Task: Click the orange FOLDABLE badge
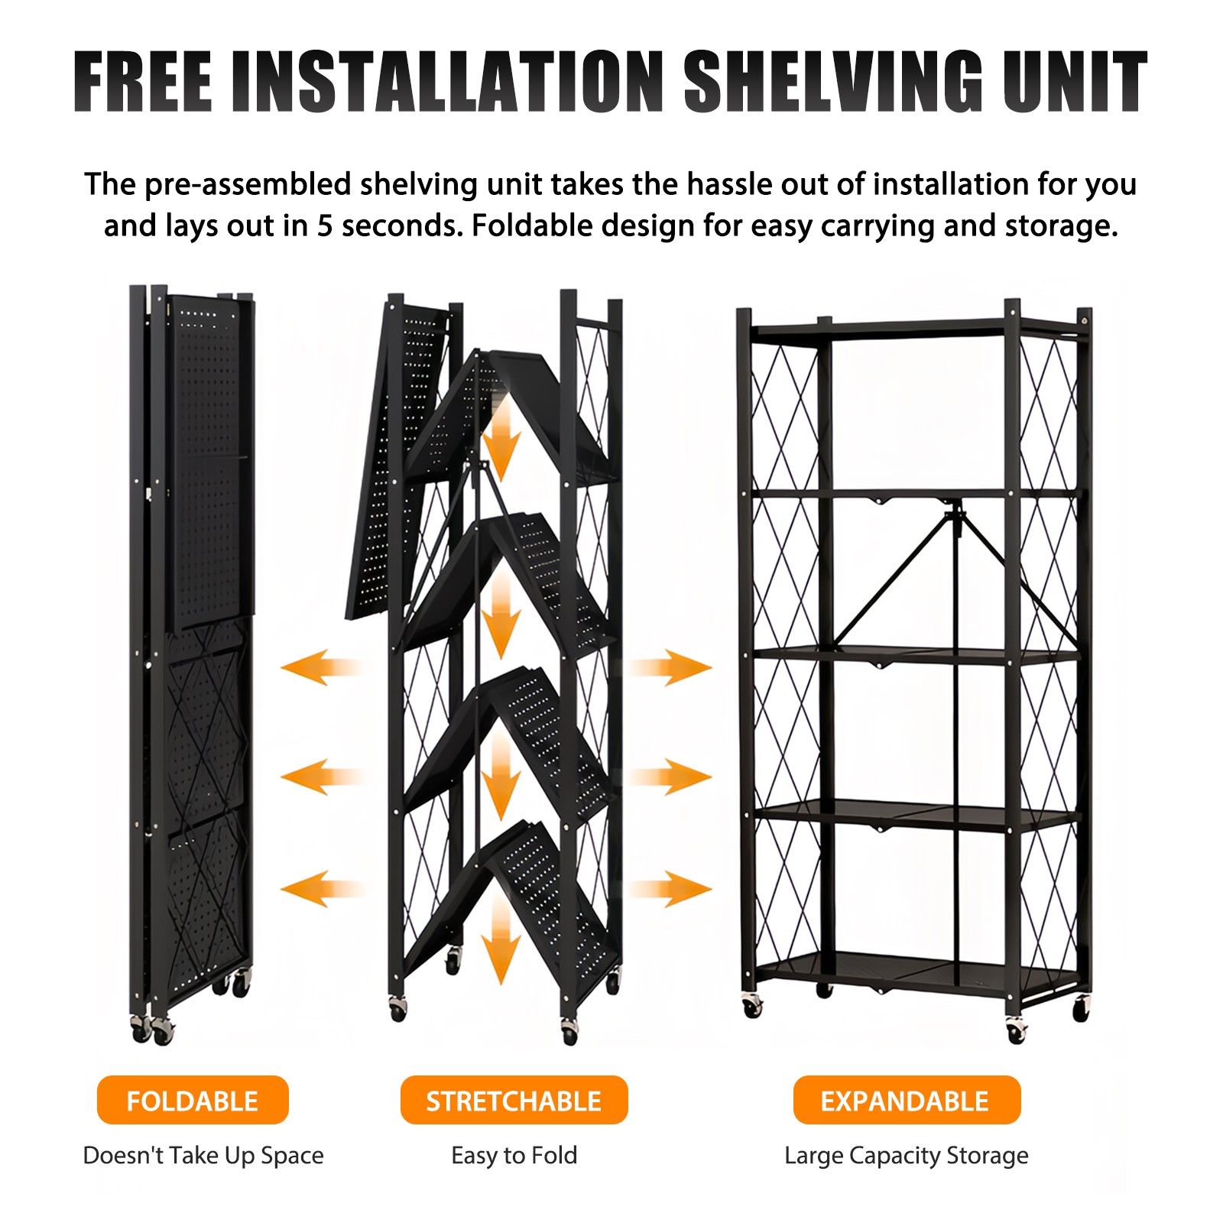click(193, 1100)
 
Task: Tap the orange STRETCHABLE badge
click(514, 1100)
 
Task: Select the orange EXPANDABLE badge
click(907, 1100)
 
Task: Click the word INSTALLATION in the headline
click(449, 82)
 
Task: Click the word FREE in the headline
click(143, 82)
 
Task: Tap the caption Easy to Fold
click(514, 1155)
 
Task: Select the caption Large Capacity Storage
click(907, 1156)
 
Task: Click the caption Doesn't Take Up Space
click(203, 1156)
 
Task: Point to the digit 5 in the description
click(325, 226)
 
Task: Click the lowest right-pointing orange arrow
click(670, 889)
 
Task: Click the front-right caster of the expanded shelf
click(1016, 1030)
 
